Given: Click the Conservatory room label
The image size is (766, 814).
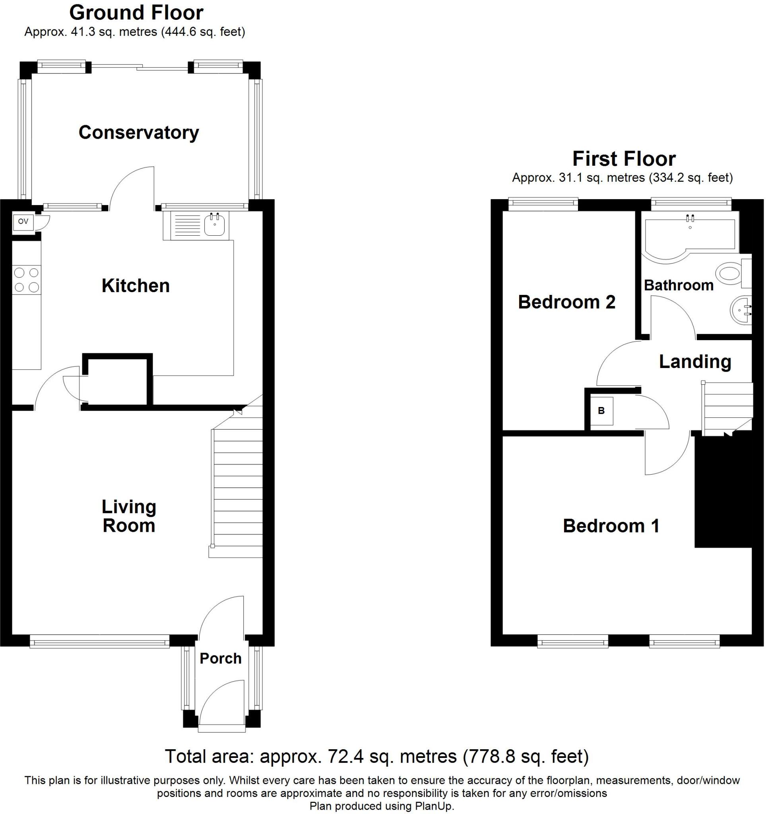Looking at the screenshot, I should [138, 133].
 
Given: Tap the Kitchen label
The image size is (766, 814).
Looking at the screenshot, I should [136, 286].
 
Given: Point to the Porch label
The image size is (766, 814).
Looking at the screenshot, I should [220, 659].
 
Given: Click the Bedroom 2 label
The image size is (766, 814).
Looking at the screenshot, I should [566, 302].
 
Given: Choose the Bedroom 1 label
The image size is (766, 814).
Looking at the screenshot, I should [611, 526].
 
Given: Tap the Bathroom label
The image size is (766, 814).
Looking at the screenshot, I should [679, 285].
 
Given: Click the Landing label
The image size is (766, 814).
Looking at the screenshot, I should [695, 362].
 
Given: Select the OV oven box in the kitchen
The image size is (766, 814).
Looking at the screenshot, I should [23, 221].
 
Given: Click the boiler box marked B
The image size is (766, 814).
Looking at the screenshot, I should [601, 411].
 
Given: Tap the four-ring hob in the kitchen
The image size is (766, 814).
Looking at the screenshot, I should [27, 280].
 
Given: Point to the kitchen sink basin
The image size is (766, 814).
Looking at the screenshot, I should [214, 226].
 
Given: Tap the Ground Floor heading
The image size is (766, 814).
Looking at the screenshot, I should [136, 13].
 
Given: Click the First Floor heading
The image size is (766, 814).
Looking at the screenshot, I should [624, 159].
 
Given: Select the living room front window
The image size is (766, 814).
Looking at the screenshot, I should [99, 641].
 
